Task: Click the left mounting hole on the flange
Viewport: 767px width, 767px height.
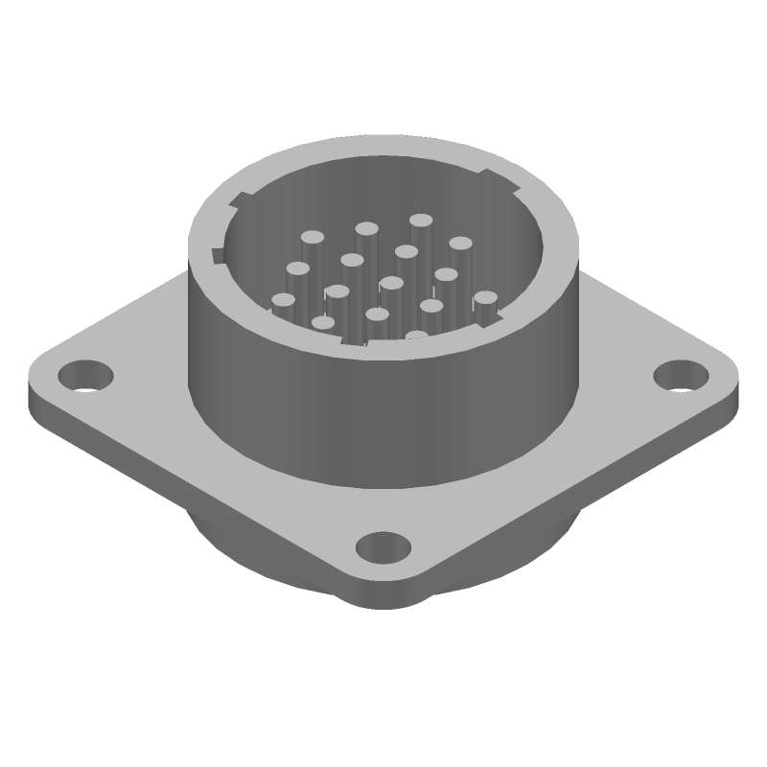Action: tap(86, 373)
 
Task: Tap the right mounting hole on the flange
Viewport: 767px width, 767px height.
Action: tap(682, 373)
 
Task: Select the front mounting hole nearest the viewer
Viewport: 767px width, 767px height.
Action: tap(383, 548)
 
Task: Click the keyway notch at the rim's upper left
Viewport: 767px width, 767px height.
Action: tap(238, 201)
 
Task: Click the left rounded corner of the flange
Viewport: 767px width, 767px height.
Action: tap(38, 383)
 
